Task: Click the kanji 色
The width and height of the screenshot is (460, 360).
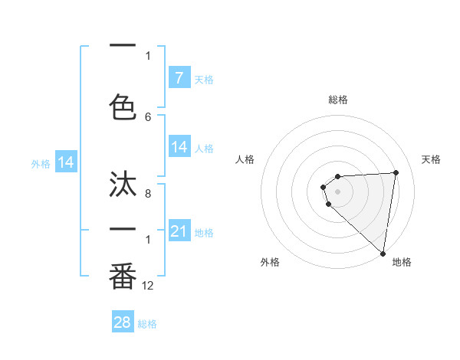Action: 123,106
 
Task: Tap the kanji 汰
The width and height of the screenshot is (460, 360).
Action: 123,185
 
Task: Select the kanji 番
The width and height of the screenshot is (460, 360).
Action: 123,276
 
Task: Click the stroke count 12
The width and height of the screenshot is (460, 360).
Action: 148,286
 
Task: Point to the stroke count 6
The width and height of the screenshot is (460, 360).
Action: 148,116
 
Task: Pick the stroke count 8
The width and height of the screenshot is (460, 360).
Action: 148,195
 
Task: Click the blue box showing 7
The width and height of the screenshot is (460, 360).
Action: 179,77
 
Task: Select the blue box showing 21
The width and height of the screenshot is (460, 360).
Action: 179,231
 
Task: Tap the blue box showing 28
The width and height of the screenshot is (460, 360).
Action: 122,322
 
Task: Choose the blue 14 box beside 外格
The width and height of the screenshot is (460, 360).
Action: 66,162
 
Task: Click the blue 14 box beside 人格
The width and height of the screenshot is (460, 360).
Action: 179,147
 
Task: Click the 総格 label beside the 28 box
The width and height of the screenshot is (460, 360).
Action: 147,324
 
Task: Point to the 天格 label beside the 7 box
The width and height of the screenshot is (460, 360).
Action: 204,79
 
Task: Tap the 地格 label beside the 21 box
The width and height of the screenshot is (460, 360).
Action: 204,233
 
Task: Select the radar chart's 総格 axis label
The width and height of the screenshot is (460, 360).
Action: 338,100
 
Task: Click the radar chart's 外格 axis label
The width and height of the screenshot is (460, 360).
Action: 270,262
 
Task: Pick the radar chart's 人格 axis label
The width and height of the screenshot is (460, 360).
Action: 245,159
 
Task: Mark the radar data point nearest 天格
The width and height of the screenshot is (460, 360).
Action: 396,172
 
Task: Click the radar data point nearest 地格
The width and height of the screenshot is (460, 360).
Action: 383,254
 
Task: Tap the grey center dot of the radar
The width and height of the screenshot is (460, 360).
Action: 338,191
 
